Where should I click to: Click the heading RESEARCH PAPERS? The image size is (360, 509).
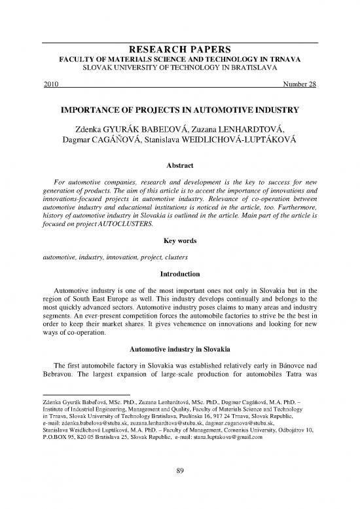(180, 50)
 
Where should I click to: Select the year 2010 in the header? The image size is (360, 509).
(50, 84)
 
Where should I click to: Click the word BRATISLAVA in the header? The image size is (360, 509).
(257, 67)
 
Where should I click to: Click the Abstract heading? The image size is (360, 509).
(180, 167)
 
